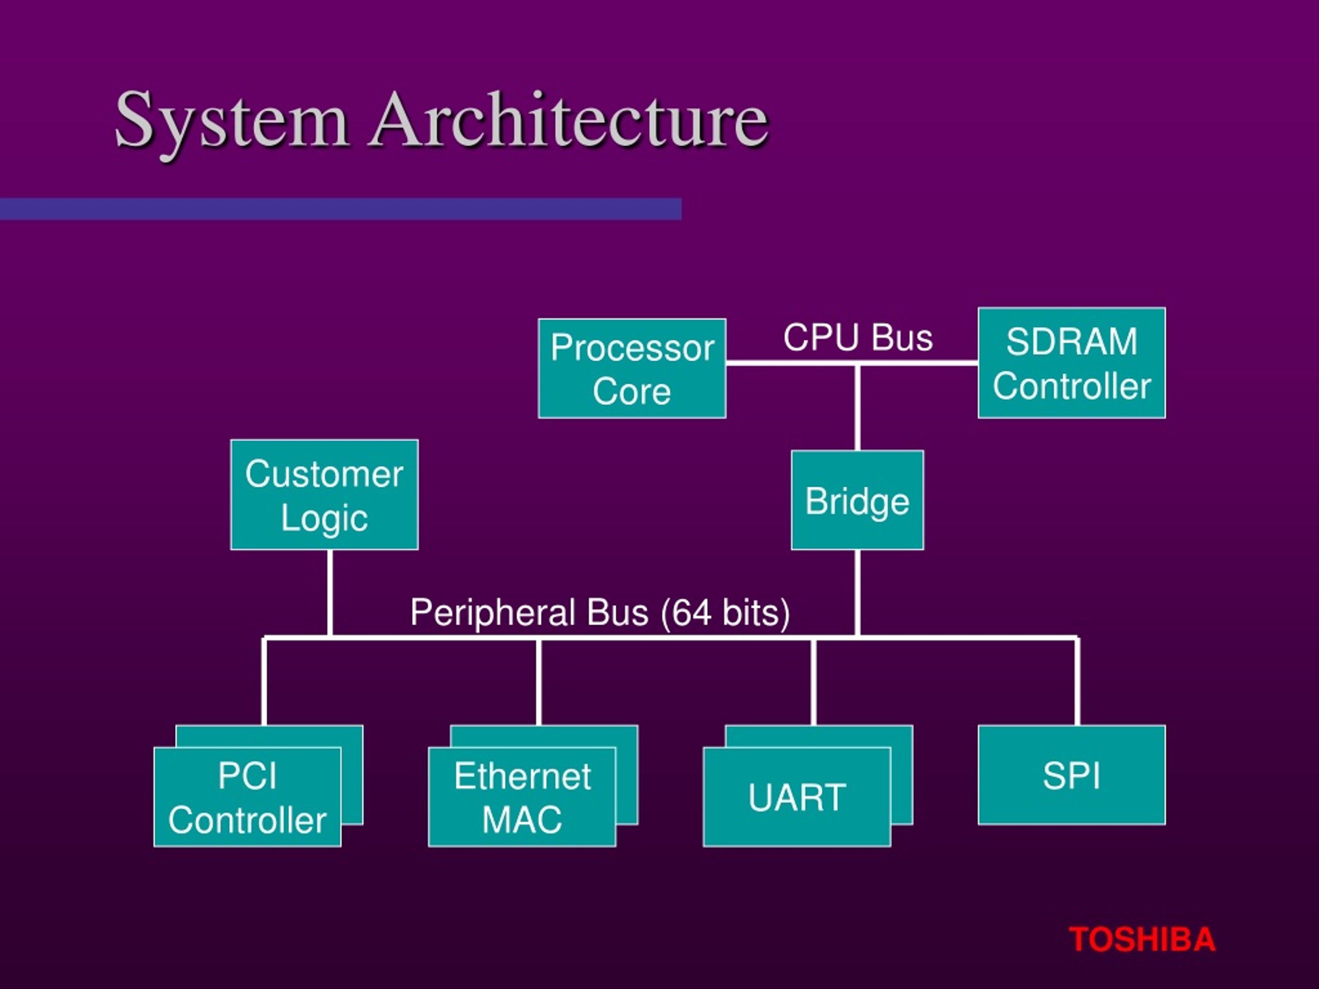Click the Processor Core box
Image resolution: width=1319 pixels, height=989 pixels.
[x=632, y=368]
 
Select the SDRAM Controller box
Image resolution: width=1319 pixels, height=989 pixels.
[x=1071, y=363]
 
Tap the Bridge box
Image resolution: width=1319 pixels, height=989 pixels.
[x=857, y=500]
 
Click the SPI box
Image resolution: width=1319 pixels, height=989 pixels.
[x=1071, y=775]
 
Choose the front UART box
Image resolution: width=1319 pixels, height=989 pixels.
[x=796, y=796]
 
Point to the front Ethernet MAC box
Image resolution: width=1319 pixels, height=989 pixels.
[x=522, y=796]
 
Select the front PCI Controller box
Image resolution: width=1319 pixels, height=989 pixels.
[x=247, y=796]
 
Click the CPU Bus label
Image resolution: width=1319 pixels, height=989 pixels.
[x=857, y=337]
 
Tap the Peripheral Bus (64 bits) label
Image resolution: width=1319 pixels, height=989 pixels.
[x=600, y=612]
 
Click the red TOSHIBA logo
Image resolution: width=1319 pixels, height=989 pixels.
[x=1141, y=940]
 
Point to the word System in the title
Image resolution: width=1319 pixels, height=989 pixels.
[x=231, y=121]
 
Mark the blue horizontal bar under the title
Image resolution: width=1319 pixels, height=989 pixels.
[x=340, y=209]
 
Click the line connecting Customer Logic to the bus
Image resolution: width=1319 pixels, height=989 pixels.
[x=330, y=593]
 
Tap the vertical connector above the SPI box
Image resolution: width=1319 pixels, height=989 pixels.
[x=1077, y=681]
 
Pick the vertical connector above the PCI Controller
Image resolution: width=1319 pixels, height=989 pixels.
[x=264, y=681]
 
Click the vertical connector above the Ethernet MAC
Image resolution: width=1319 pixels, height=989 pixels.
[x=538, y=681]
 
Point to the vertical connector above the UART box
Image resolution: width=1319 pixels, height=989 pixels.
[x=814, y=681]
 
